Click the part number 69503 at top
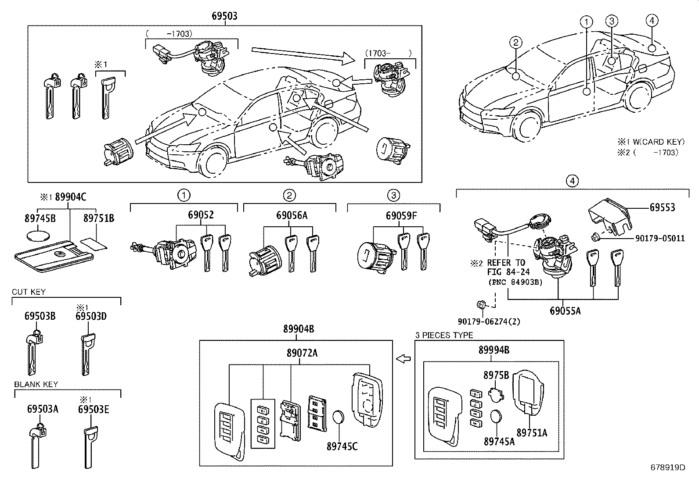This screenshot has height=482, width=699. coord(224,16)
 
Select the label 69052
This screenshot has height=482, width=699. coord(201,215)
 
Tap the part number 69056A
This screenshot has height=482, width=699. coord(292,215)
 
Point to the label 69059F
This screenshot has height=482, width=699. coord(401,215)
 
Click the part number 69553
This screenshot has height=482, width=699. coord(662,207)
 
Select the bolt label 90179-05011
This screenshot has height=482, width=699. coord(659,239)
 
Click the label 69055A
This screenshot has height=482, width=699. coord(565,311)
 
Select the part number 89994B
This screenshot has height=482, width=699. coord(494,350)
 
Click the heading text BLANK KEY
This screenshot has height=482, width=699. coord(36,384)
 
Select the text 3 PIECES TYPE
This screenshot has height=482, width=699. coord(444,335)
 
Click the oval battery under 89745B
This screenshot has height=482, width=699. coord(38,236)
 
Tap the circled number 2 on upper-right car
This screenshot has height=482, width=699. coord(516,43)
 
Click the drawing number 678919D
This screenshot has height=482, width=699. coord(668,468)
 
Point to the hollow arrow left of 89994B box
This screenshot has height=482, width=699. coord(403,359)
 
